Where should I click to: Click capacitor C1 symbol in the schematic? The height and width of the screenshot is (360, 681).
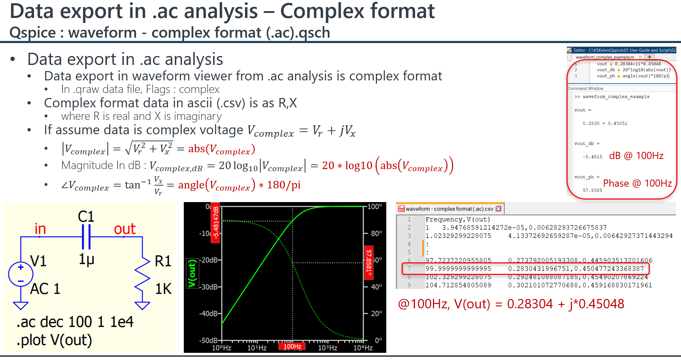click(x=86, y=237)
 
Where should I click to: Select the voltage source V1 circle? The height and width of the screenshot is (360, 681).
click(x=21, y=274)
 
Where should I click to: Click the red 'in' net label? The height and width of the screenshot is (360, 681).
click(x=40, y=229)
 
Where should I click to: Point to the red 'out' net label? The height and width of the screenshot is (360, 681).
click(x=125, y=229)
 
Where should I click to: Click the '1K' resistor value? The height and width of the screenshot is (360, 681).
click(x=163, y=289)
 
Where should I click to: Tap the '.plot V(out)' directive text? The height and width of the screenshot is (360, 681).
click(x=54, y=340)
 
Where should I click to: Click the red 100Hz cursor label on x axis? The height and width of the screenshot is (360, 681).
click(x=293, y=346)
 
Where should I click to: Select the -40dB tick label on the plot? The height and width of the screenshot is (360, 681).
click(x=208, y=313)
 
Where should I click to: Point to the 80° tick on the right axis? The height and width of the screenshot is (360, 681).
click(x=376, y=234)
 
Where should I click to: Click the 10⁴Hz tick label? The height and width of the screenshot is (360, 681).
click(x=363, y=348)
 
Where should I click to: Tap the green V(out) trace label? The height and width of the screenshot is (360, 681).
click(x=192, y=273)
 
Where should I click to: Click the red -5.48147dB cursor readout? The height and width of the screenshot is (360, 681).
click(x=215, y=223)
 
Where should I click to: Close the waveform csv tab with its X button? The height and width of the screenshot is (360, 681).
click(x=498, y=209)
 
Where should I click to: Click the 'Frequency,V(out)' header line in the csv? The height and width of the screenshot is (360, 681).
click(x=458, y=219)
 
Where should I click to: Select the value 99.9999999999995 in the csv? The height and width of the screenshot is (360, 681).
click(x=458, y=268)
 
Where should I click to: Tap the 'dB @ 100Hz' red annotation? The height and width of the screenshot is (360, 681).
click(x=636, y=156)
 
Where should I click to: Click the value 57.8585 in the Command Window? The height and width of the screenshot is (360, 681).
click(x=593, y=190)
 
